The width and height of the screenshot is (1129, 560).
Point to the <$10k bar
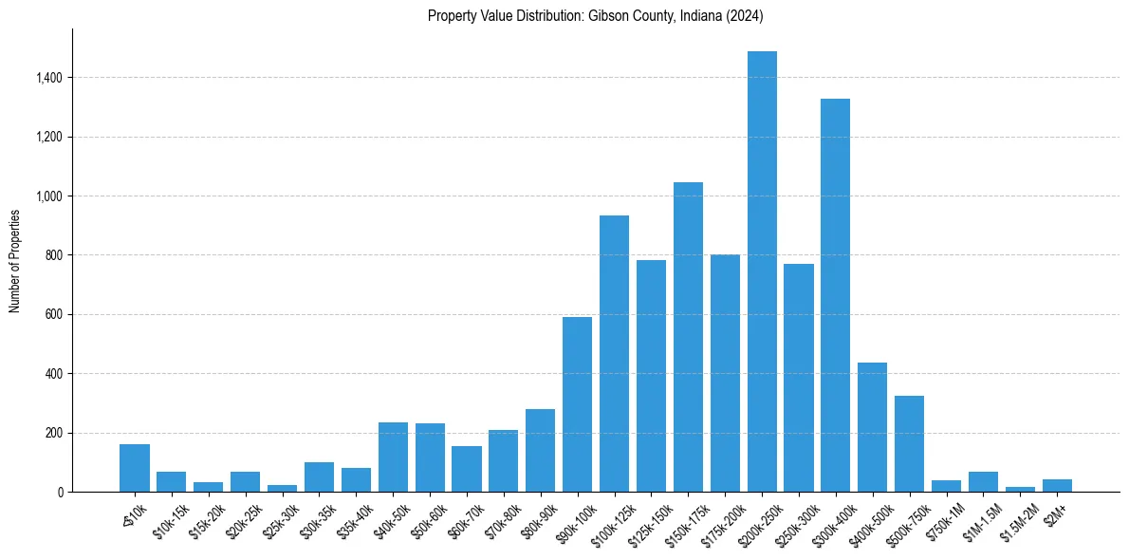pyautogui.click(x=135, y=468)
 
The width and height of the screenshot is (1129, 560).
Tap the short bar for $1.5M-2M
pyautogui.click(x=1020, y=489)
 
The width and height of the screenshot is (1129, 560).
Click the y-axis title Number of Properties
pyautogui.click(x=15, y=260)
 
